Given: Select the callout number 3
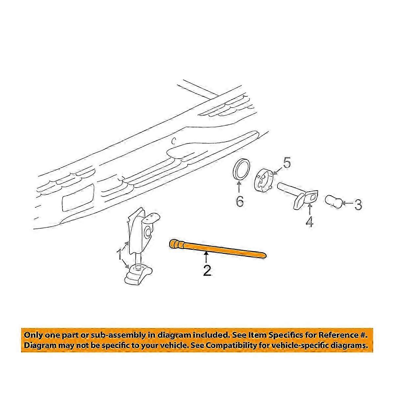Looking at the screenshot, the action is pos(358,205).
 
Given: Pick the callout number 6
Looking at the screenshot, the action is pos(240,201).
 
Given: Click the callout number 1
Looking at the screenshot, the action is pos(119,254).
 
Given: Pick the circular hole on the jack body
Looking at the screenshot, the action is pos(147,232).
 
